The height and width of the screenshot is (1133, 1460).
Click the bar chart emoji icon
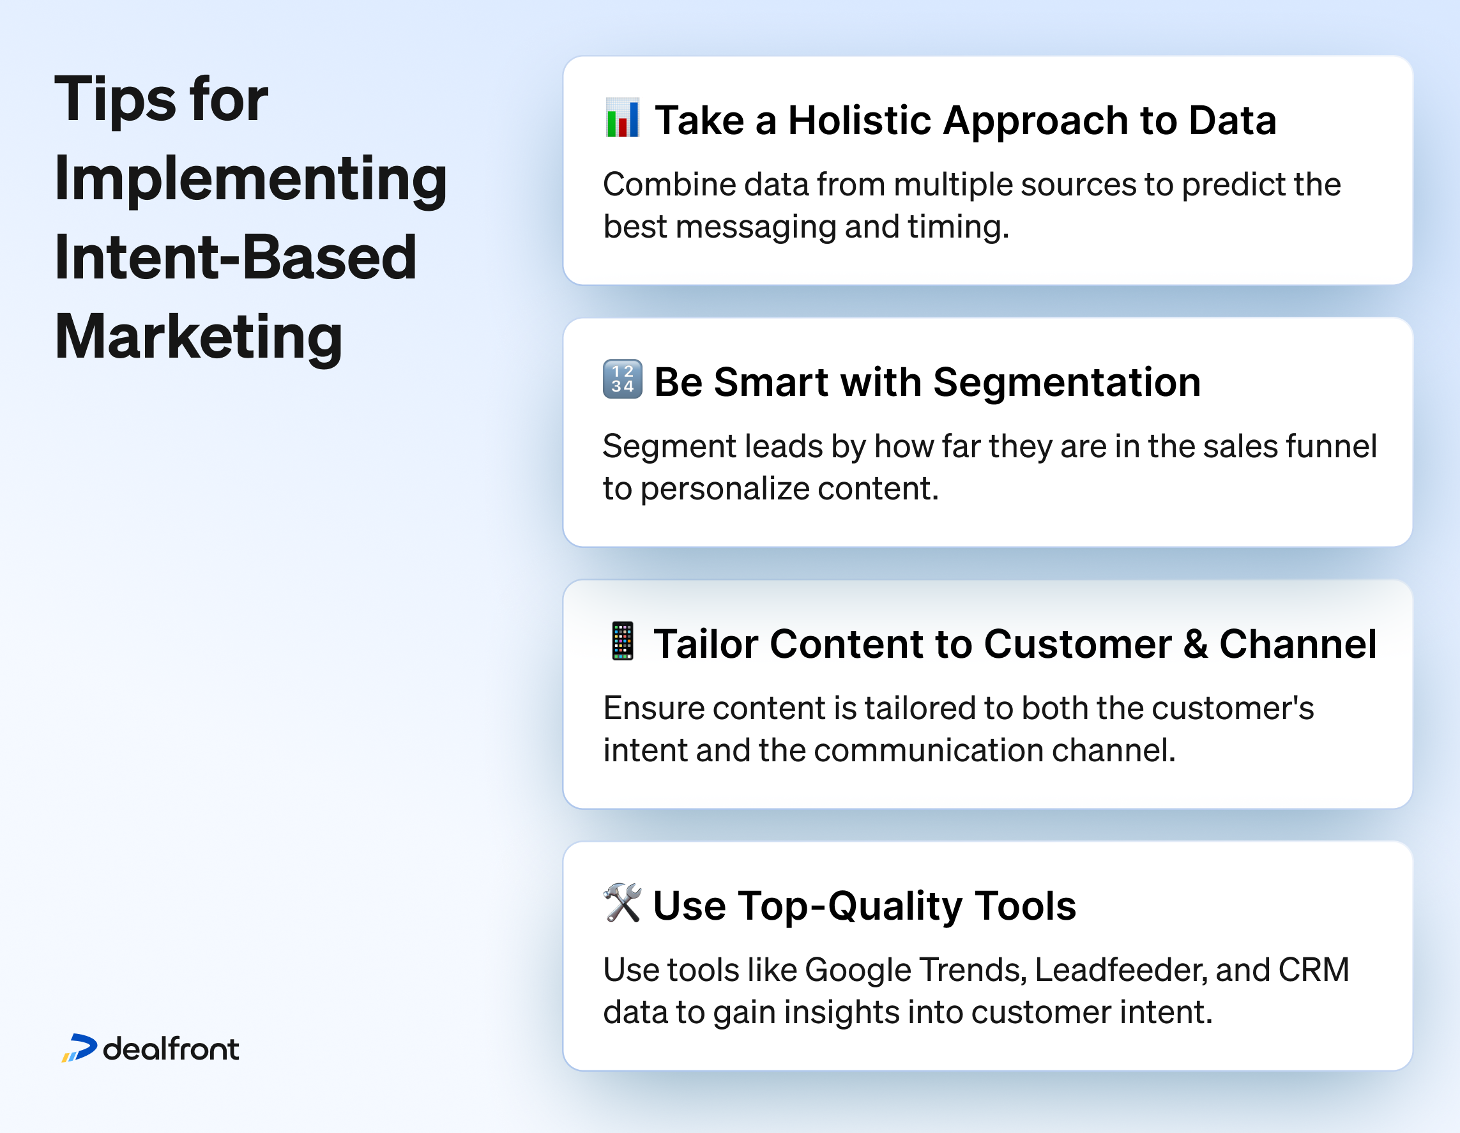point(621,118)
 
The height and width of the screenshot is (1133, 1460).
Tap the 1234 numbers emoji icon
point(621,379)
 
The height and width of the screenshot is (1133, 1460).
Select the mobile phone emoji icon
point(621,641)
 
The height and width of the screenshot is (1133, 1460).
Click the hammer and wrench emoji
point(621,902)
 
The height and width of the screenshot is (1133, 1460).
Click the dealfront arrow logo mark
point(80,1047)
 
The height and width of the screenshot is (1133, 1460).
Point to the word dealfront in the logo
point(171,1049)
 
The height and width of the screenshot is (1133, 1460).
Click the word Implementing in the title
point(251,178)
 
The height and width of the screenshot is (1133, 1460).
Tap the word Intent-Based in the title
point(235,257)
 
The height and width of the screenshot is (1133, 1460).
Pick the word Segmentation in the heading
point(1067,383)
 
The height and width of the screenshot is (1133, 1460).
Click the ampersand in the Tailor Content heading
point(1196,644)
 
